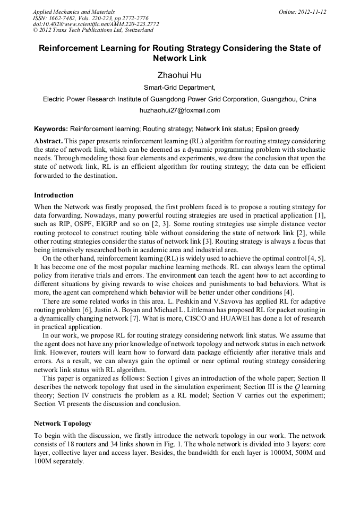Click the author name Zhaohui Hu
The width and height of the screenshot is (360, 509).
coord(179,75)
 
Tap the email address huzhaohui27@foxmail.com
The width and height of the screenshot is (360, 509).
coord(179,110)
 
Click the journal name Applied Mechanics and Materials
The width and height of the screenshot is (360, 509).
coord(74,12)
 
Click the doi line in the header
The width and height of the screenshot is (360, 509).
coord(96,24)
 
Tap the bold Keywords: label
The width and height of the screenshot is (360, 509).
coord(51,129)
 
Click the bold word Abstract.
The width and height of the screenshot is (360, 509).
coord(48,142)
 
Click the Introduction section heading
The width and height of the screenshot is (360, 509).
coord(54,195)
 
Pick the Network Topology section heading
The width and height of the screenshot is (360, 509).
coord(63,423)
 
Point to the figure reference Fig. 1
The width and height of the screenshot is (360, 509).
coord(177,444)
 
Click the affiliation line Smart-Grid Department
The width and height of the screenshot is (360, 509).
coord(179,88)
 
